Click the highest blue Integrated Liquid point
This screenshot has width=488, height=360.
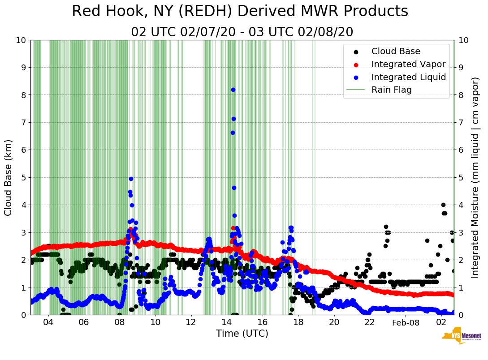click(x=233, y=90)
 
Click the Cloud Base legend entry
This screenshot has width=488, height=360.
click(x=396, y=51)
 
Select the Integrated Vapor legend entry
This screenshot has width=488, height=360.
click(x=408, y=64)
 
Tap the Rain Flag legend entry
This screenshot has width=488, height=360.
click(x=391, y=90)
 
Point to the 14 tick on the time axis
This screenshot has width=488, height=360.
click(x=227, y=322)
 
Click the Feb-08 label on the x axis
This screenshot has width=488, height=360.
click(x=405, y=322)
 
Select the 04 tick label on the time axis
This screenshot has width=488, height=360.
click(x=48, y=322)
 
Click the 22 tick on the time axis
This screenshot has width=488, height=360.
click(x=369, y=322)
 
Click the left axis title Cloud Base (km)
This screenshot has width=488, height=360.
click(x=9, y=177)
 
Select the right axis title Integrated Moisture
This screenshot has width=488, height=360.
click(x=475, y=177)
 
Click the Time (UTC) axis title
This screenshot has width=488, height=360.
click(x=242, y=334)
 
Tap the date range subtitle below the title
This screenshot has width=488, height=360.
click(x=242, y=32)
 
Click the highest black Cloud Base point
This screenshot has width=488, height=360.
click(x=443, y=205)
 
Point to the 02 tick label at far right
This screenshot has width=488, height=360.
click(x=441, y=322)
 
